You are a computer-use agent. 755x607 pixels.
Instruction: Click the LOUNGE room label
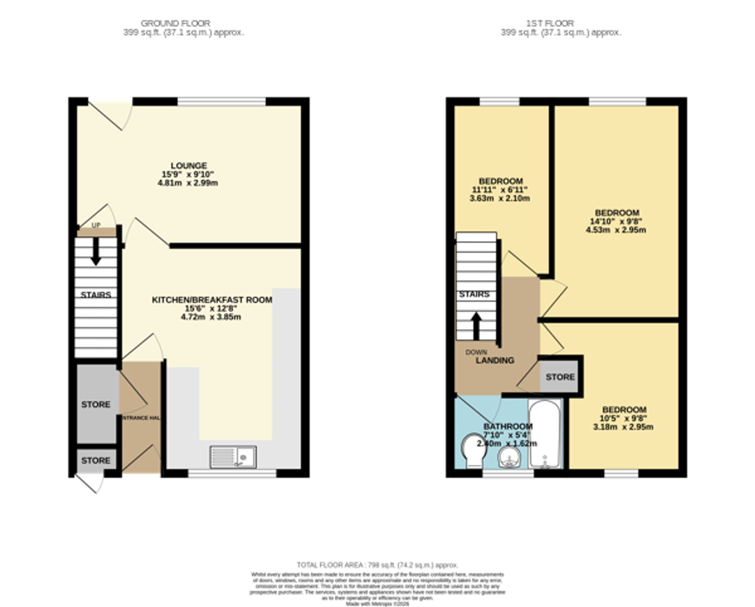(x=188, y=166)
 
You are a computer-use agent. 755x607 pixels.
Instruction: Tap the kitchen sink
(x=233, y=457)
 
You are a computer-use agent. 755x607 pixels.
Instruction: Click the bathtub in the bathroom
(x=544, y=434)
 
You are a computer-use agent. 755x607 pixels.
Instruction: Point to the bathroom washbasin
(x=509, y=458)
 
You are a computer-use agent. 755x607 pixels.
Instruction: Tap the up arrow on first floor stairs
(x=476, y=326)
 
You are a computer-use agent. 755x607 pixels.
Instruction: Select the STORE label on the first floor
(x=560, y=377)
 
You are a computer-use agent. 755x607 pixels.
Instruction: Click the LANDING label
(x=495, y=360)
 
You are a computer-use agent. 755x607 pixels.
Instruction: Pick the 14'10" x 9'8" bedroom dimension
(x=616, y=221)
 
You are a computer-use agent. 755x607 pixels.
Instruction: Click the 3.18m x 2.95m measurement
(x=623, y=427)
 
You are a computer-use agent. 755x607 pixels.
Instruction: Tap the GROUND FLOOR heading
(x=176, y=23)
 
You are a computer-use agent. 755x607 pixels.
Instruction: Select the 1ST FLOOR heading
(x=550, y=23)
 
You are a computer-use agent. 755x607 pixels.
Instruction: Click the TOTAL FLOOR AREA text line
(x=377, y=565)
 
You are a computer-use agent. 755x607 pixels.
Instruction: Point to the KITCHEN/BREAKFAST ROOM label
(x=212, y=300)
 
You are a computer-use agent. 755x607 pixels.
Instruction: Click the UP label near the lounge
(x=96, y=225)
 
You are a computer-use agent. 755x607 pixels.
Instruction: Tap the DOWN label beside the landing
(x=476, y=352)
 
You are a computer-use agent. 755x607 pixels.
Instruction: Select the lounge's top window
(x=222, y=101)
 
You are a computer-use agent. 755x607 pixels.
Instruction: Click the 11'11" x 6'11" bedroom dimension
(x=500, y=190)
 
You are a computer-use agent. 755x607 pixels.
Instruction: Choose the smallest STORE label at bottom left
(x=96, y=461)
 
